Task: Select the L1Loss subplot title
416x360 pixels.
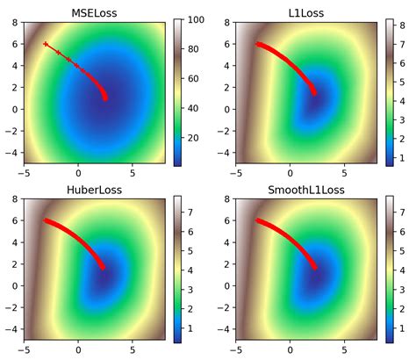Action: pos(297,12)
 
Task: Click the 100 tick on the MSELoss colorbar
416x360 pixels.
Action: pos(196,18)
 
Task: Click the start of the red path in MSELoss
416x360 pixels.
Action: pos(46,42)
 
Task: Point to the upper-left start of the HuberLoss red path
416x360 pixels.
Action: pos(46,220)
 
